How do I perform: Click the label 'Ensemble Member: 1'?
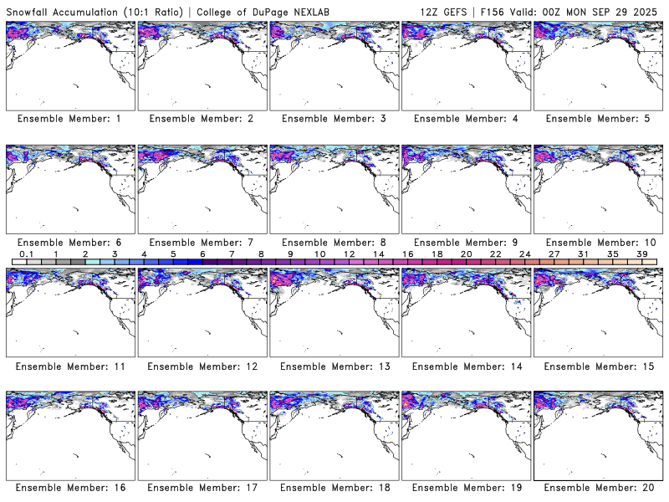coord(69,119)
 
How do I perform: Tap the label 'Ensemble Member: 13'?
coord(332,366)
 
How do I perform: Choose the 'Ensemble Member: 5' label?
coord(596,119)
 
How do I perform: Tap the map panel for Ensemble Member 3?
coord(332,66)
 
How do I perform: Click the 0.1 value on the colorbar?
coord(26,254)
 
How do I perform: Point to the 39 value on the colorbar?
coord(641,254)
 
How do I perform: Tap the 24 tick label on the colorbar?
coord(524,254)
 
